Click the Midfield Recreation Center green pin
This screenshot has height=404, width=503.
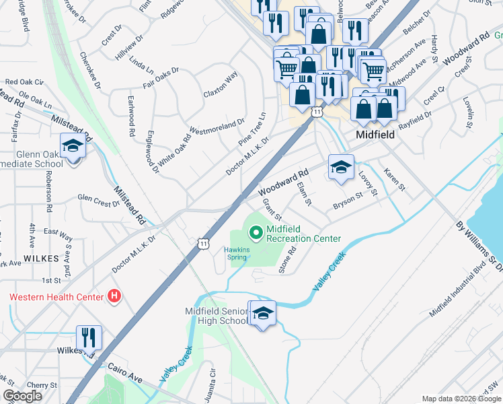[x=256, y=234]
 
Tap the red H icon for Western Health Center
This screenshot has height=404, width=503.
[x=115, y=296]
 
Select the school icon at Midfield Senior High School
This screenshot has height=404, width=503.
[x=263, y=312]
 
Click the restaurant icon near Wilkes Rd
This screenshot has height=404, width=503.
[x=89, y=337]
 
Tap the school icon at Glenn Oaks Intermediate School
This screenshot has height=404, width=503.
[x=72, y=145]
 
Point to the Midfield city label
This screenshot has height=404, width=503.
[x=375, y=135]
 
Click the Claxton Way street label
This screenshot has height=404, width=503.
[x=221, y=84]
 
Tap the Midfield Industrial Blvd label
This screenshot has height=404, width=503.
[x=458, y=290]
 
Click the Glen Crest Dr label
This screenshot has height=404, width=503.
[x=98, y=199]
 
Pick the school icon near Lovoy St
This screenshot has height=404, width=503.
[x=341, y=167]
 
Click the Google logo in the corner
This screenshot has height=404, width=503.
[x=22, y=396]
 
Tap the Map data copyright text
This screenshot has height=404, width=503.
[x=461, y=399]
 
